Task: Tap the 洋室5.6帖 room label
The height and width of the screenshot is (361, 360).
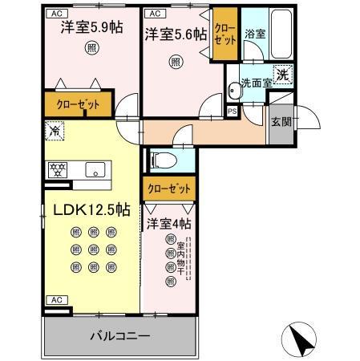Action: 176,34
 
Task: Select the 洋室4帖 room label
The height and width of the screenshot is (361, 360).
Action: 169,223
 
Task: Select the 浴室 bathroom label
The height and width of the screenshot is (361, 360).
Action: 256,34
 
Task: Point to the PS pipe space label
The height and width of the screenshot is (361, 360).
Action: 232,111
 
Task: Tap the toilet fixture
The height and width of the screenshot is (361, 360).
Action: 160,159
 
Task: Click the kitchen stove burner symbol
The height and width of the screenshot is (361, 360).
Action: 58,170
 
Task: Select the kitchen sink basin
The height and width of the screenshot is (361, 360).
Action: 95,170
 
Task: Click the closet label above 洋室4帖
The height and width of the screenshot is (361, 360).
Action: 169,189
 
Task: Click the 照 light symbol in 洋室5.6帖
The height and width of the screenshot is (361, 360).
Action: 175,61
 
